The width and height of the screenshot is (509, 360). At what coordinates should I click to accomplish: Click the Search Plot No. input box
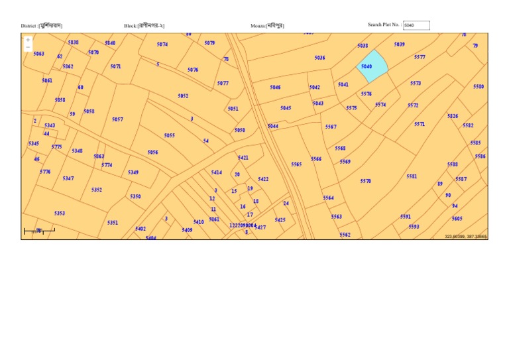click(416, 25)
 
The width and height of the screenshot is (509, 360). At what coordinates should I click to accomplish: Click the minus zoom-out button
click(28, 47)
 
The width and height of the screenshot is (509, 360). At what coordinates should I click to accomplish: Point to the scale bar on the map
click(39, 231)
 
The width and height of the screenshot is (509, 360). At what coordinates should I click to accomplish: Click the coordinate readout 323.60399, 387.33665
click(466, 236)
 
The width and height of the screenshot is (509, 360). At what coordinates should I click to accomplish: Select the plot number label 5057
click(117, 120)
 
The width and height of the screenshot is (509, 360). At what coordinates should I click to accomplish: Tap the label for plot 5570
click(366, 181)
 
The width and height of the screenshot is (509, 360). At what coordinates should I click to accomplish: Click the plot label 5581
click(412, 176)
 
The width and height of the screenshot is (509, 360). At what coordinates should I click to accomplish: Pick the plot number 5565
click(296, 164)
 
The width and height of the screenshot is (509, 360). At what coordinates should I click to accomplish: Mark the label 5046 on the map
click(275, 88)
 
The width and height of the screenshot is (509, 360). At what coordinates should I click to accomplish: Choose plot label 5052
click(183, 96)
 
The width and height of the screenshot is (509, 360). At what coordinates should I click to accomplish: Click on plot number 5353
click(60, 213)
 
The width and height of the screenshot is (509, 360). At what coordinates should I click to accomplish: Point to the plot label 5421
click(243, 158)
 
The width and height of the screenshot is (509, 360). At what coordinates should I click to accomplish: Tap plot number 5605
click(457, 219)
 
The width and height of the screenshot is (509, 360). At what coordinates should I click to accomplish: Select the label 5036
click(319, 58)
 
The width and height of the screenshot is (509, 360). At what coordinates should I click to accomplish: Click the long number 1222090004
click(242, 226)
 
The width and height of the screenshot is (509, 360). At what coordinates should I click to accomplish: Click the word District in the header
click(28, 26)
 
